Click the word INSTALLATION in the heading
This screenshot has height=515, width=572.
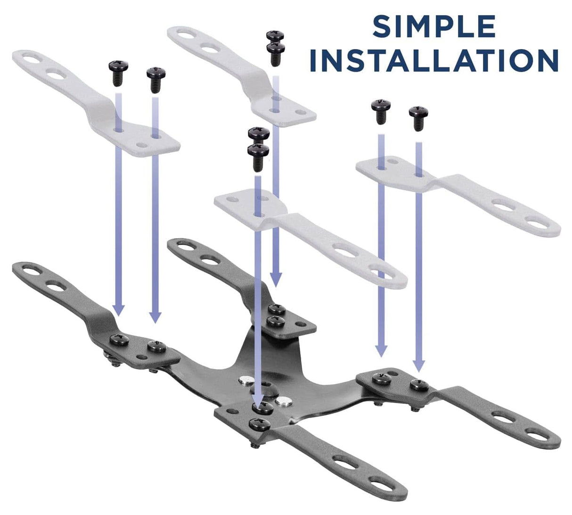433,60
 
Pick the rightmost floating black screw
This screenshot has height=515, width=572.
418,118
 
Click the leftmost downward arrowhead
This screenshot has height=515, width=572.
118,310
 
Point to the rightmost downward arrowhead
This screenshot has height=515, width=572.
418,366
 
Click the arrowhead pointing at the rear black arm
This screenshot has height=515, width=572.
276,280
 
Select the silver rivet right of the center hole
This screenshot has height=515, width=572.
285,401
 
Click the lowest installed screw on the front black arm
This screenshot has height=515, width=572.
260,425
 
